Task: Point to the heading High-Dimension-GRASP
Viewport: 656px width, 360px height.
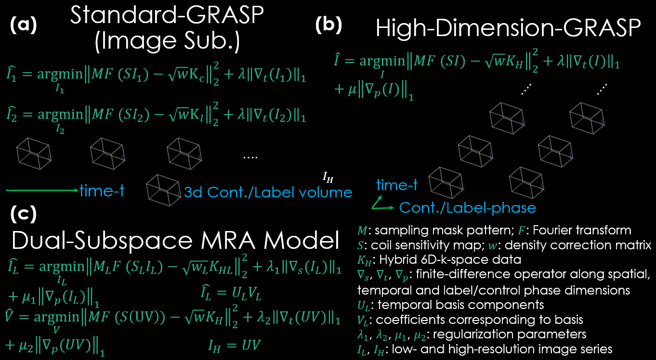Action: coord(508,30)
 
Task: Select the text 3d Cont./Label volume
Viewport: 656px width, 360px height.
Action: coord(268,193)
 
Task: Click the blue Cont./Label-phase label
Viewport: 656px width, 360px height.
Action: coord(467,207)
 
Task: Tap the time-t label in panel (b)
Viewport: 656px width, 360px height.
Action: coord(397,185)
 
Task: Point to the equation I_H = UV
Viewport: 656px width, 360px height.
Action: coord(234,345)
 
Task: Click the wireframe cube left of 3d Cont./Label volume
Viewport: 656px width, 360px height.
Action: coord(163,189)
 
